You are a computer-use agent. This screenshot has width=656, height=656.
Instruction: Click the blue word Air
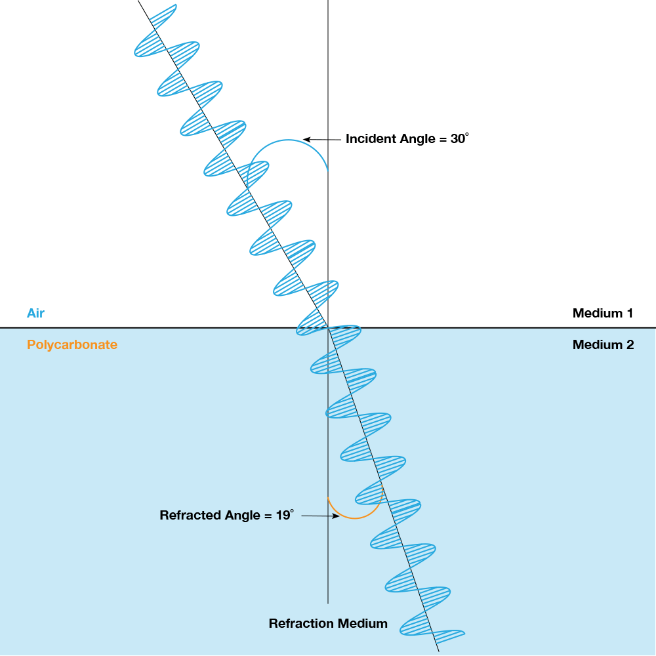coord(35,313)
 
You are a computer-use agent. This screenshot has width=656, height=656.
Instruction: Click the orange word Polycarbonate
coord(72,344)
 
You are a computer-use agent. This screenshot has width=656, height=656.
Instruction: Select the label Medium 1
coord(602,313)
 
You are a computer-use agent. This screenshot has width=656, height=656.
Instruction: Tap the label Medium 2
coord(603,344)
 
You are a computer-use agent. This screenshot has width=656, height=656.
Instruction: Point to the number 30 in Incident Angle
coord(457,139)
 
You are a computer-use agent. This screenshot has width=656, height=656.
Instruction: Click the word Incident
coord(371,139)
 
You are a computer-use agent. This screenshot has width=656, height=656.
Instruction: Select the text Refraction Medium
coord(328,623)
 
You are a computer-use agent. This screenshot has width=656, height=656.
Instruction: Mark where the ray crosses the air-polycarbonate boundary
coord(328,327)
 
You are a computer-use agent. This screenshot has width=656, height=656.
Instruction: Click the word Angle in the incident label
coord(417,139)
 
